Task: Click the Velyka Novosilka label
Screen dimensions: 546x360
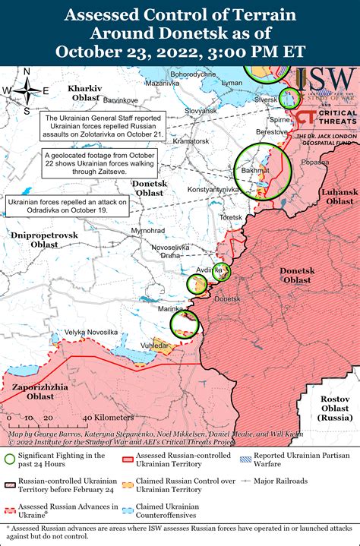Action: pos(90,332)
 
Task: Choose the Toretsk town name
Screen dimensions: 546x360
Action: pos(230,216)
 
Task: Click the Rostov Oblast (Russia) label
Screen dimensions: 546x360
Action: pos(336,409)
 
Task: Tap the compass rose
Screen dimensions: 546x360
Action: pos(27,90)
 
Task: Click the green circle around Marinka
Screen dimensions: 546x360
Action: pos(184,324)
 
